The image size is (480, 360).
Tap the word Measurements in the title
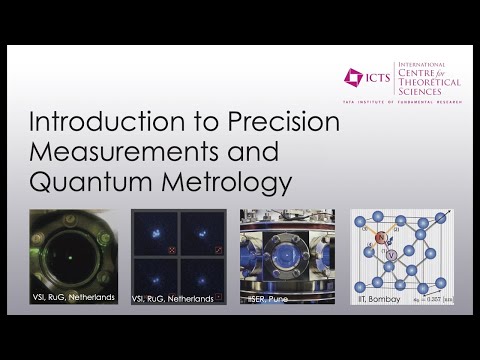pos(116,155)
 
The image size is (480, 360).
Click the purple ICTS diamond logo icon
pos(352,76)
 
